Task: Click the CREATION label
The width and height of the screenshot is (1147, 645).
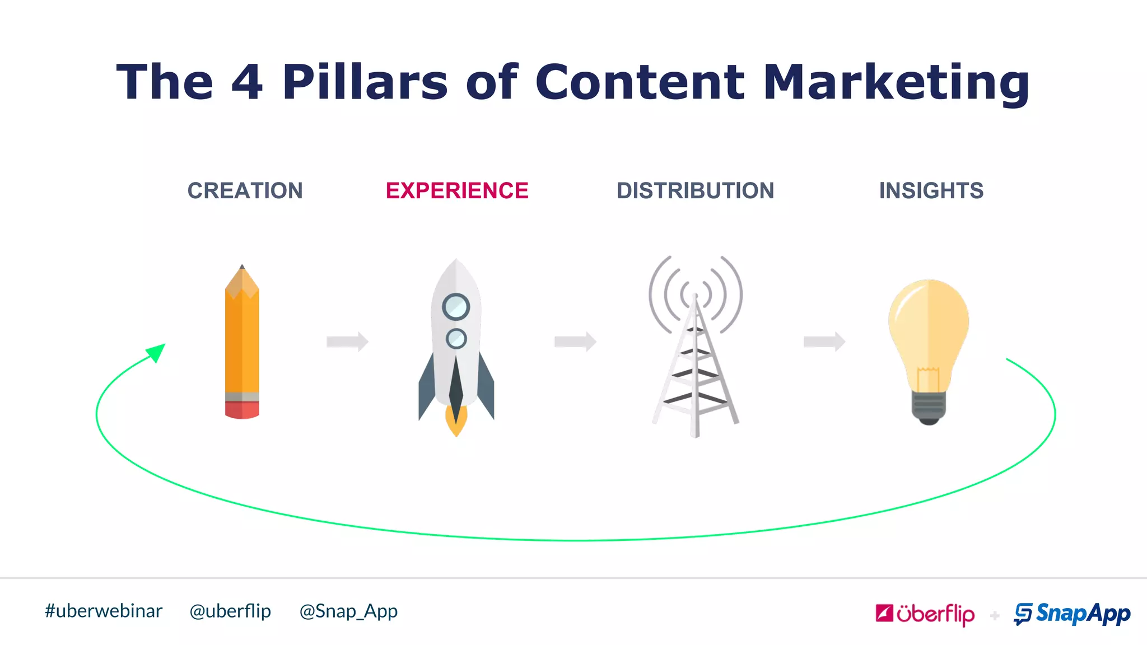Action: (x=245, y=191)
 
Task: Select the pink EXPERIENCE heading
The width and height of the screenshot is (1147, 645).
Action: (x=457, y=191)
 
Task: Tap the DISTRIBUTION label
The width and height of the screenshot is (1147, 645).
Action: (x=695, y=191)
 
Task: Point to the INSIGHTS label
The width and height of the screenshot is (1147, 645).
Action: (x=931, y=191)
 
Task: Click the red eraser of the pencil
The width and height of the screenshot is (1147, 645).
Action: (x=242, y=410)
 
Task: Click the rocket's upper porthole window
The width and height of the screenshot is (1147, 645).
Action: (x=456, y=307)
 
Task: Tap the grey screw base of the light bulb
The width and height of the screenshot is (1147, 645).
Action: (x=929, y=407)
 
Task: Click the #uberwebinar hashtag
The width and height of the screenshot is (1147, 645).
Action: (x=104, y=611)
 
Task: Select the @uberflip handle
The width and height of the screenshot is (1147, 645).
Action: (x=230, y=611)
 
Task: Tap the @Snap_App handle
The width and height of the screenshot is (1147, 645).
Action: (x=348, y=611)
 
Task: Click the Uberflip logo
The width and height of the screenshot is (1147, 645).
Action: (x=925, y=614)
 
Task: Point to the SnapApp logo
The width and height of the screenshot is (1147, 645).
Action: (x=1072, y=614)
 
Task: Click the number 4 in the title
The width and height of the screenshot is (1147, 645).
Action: (x=247, y=83)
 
